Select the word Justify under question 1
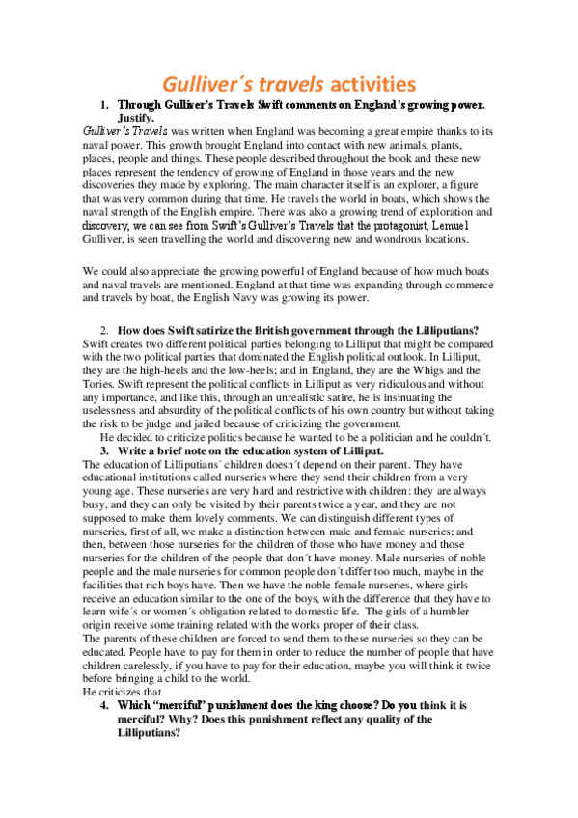[141, 117]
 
